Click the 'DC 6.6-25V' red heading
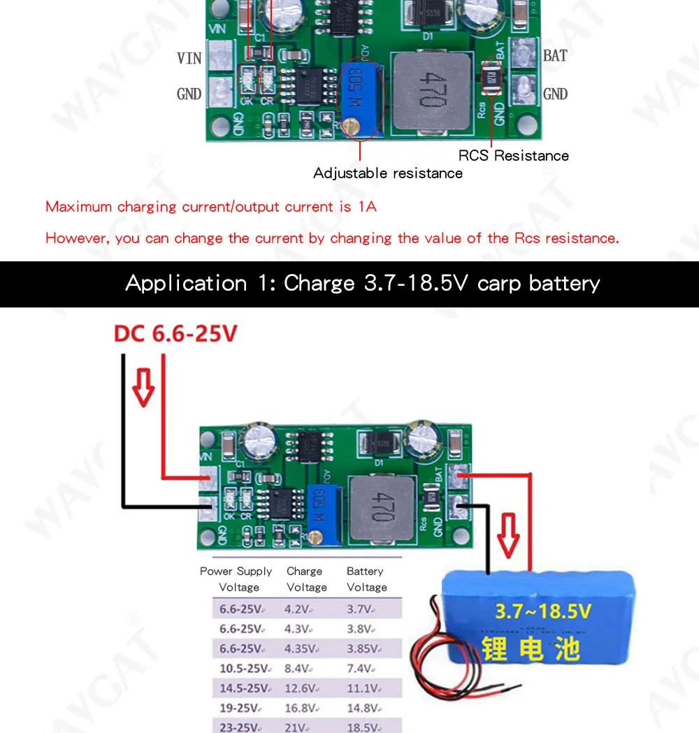point(176,333)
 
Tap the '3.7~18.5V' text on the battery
point(543,611)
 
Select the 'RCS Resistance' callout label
point(513,155)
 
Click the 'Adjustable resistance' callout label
point(387,173)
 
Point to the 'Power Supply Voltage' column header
point(236,579)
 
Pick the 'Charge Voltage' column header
point(305,579)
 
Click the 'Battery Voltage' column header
point(366,579)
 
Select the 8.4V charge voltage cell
point(298,669)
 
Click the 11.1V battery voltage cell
point(362,688)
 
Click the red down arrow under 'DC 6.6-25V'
point(143,387)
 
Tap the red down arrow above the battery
point(509,535)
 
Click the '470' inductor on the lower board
point(378,505)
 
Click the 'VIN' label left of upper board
point(189,58)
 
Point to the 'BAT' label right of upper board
point(555,56)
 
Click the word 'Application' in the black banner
point(186,283)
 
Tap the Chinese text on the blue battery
point(531,648)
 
